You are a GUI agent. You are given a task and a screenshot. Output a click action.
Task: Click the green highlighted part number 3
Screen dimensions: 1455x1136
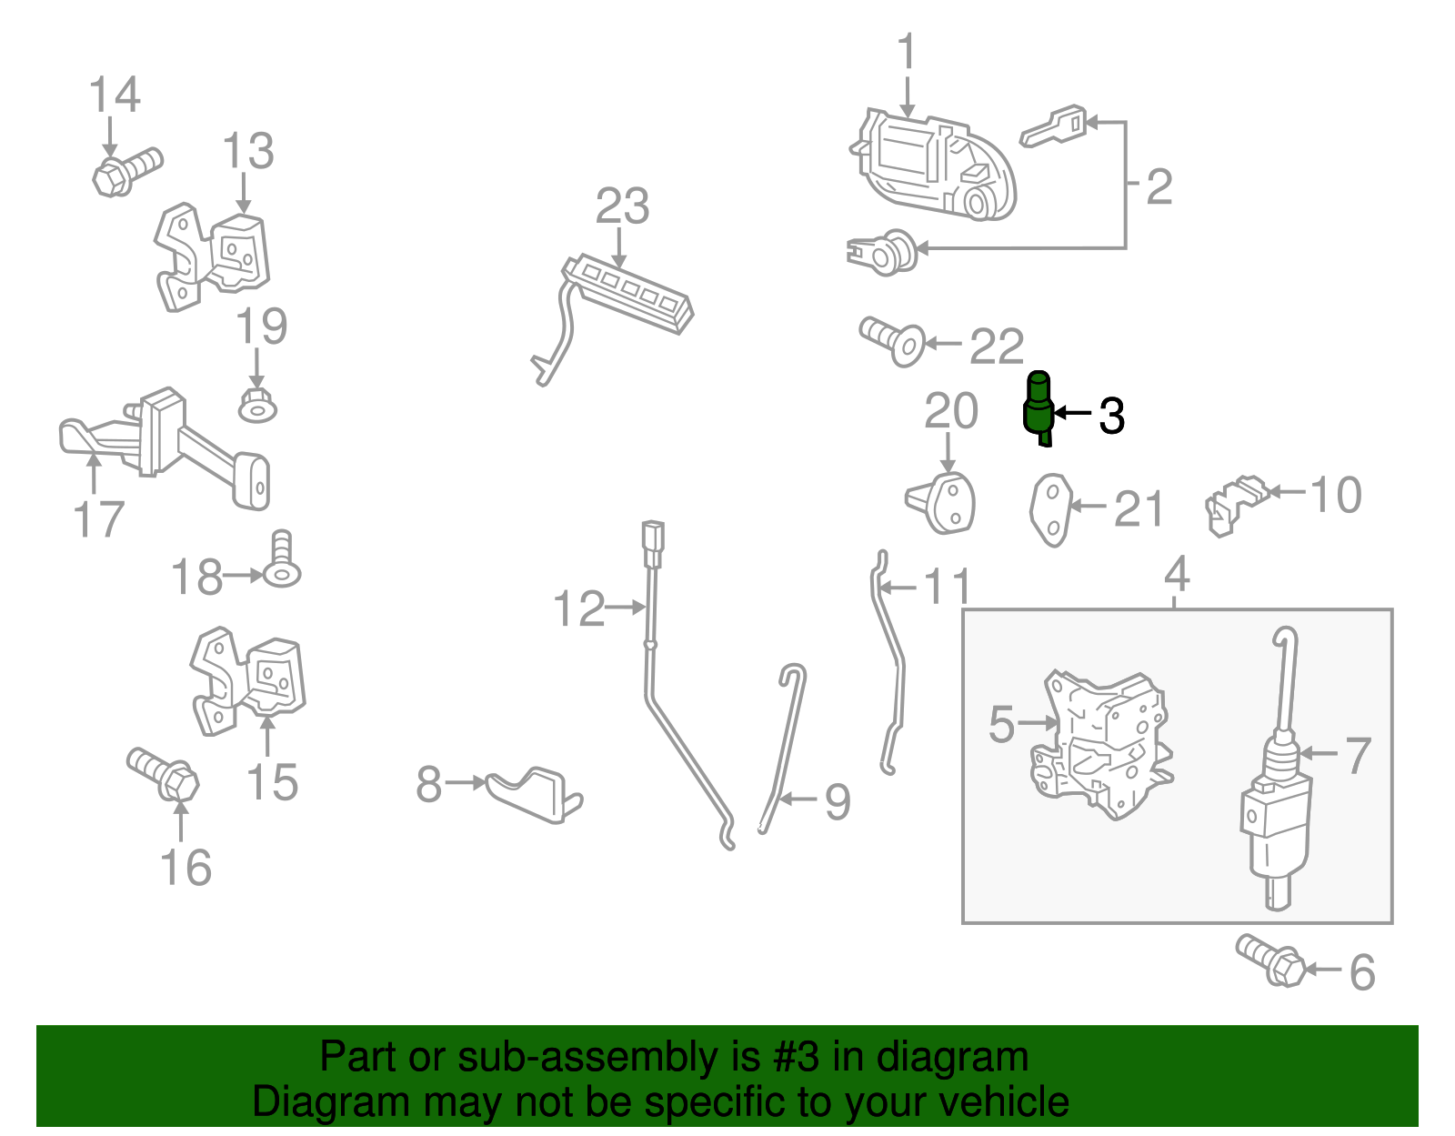click(1039, 408)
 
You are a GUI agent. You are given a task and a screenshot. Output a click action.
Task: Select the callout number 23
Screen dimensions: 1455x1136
click(622, 206)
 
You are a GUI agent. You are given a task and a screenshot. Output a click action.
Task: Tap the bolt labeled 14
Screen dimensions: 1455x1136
click(127, 171)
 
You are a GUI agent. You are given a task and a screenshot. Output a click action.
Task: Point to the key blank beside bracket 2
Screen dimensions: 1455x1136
click(1052, 126)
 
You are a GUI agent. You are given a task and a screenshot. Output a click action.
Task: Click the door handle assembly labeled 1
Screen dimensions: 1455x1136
click(933, 165)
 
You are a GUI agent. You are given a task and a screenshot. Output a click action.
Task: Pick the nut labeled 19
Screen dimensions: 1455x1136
click(257, 406)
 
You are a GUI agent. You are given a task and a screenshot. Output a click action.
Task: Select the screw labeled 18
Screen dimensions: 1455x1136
click(282, 559)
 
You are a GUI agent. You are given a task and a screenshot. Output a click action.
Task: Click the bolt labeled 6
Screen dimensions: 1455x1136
click(1269, 960)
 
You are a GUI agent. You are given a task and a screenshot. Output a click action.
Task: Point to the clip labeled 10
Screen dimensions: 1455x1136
click(1236, 506)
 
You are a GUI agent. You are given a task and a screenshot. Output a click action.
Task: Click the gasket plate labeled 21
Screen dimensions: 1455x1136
click(1050, 510)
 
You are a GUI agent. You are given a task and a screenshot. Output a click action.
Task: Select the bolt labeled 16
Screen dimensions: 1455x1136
click(163, 775)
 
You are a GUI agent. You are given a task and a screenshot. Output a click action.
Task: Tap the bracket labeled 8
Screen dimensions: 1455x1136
click(534, 795)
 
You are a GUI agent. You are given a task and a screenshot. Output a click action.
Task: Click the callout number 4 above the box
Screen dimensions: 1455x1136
click(1177, 574)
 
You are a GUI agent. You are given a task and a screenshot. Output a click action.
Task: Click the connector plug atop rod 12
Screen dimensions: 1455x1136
click(653, 544)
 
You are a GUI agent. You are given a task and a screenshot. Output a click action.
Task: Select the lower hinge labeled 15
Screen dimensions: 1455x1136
click(247, 681)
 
